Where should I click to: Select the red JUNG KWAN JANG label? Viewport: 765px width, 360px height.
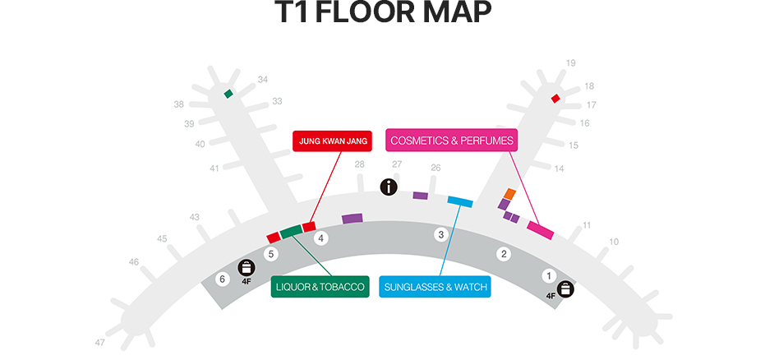pos(332,141)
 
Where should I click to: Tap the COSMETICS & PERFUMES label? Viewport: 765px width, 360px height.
pos(451,141)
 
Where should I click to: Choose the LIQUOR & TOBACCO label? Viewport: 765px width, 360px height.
pos(320,286)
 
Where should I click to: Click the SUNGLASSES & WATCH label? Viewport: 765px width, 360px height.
pos(435,287)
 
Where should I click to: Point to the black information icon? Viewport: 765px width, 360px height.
pos(389,187)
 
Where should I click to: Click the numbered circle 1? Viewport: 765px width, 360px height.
pos(550,275)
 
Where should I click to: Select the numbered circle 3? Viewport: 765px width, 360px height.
pos(441,235)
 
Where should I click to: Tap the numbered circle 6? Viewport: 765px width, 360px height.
pos(222,279)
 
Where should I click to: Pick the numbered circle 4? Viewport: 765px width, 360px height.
pos(322,238)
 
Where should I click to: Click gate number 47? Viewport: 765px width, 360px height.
pos(100,342)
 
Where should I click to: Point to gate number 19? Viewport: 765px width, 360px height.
pos(571,63)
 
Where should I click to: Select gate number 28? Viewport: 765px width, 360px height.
pos(359,164)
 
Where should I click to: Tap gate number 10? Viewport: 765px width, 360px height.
pos(613,242)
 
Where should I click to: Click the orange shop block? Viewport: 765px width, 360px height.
pos(509,194)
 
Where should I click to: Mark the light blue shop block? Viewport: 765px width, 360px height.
pos(459,201)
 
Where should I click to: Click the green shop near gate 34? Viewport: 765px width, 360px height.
pos(228,94)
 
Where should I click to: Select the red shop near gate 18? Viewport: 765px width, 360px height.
pos(555,99)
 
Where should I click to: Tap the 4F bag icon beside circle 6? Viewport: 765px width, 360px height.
pos(246,267)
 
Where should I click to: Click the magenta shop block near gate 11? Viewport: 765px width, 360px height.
pos(540,230)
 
